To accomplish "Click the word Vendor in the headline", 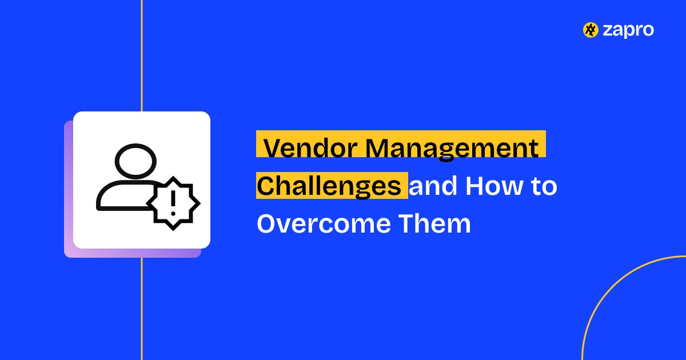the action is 310,149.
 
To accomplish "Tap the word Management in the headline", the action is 452,149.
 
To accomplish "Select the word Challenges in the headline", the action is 329,186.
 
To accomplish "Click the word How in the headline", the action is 494,186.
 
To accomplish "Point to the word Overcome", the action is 324,224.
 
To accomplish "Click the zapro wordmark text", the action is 628,30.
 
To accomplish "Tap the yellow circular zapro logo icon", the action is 591,30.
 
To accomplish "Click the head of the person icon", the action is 135,161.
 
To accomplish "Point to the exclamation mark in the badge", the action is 173,203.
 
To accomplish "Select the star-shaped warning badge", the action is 173,203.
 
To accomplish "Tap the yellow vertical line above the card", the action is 142,56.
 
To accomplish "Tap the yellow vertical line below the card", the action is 142,309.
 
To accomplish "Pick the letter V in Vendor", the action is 274,149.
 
